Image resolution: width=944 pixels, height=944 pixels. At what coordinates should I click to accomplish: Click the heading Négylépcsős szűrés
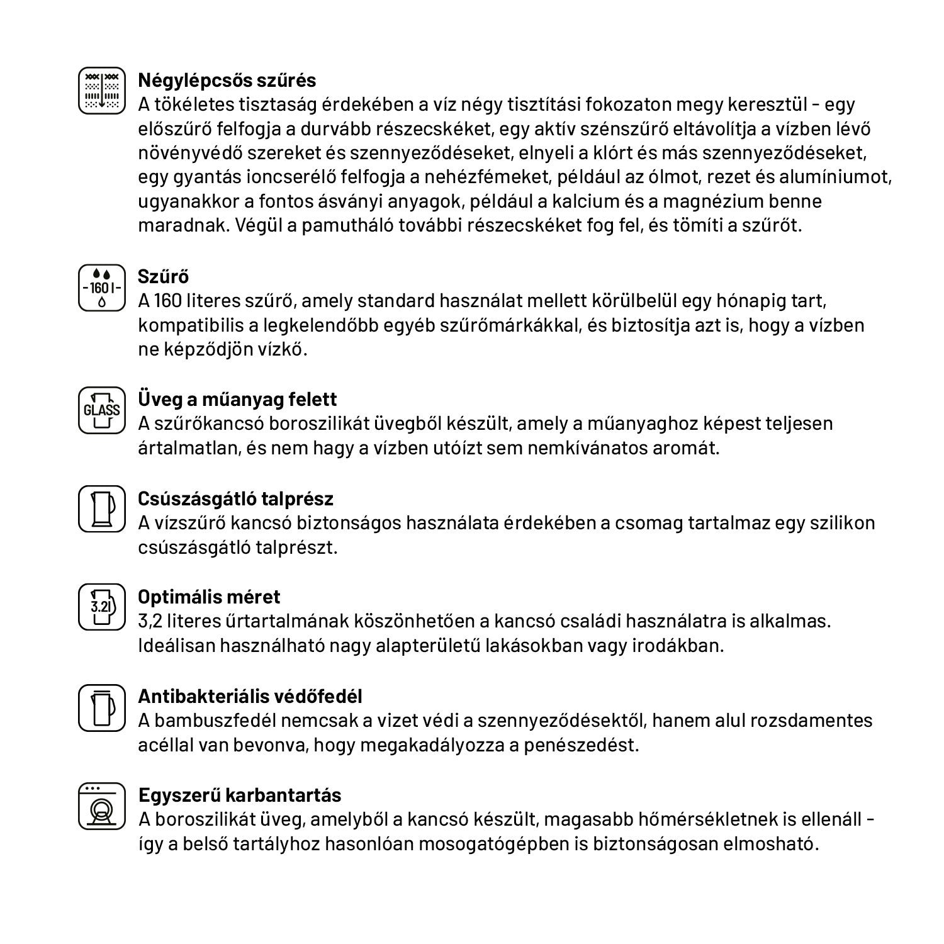click(x=227, y=81)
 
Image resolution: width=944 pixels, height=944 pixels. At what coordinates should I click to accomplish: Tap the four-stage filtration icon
click(x=102, y=92)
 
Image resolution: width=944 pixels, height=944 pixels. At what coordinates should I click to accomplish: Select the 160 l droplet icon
click(x=102, y=288)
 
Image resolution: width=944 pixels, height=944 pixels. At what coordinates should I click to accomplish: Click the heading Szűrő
click(x=164, y=276)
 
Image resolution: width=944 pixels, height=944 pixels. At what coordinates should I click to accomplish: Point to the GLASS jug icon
click(x=102, y=410)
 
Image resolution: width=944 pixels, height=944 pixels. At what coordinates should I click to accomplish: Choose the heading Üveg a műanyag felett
click(x=237, y=399)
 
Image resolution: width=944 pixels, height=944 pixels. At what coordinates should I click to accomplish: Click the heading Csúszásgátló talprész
click(x=235, y=498)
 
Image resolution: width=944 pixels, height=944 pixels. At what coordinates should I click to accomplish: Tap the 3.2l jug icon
click(x=102, y=606)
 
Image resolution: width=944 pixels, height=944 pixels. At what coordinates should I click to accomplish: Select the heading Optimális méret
click(x=209, y=597)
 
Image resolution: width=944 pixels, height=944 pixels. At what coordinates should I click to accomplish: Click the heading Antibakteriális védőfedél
click(x=250, y=696)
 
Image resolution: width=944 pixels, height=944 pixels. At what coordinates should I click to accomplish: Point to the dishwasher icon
click(x=102, y=806)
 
